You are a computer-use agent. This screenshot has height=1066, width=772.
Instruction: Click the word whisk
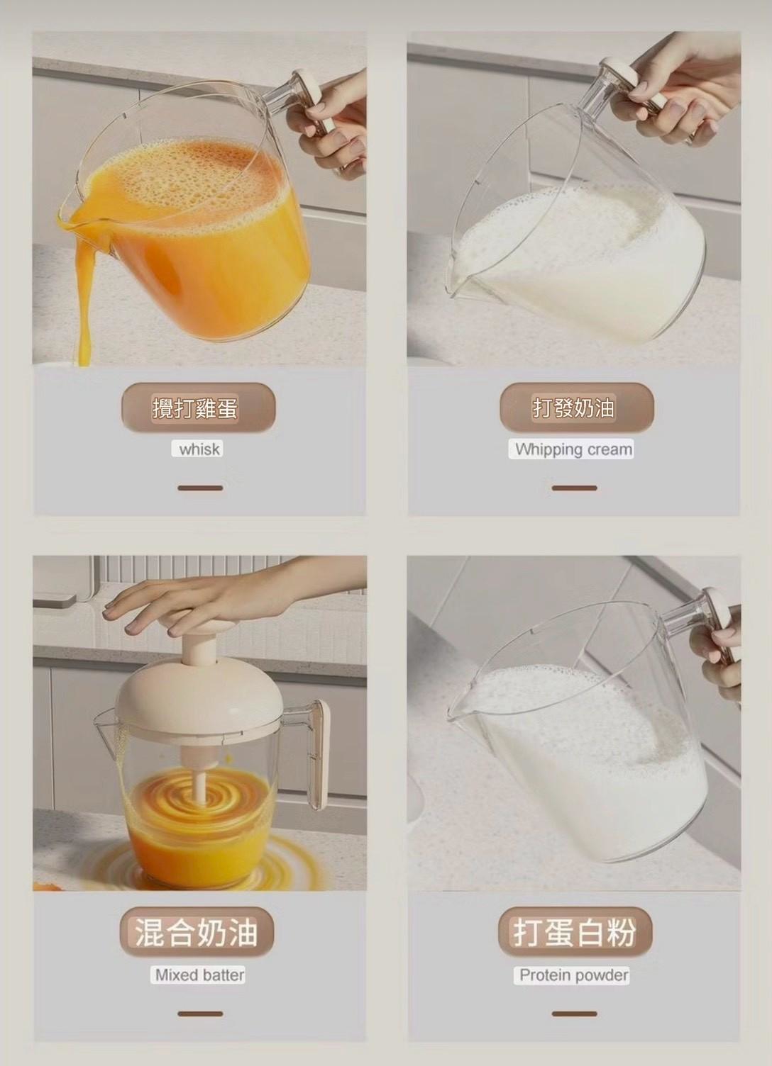[199, 449]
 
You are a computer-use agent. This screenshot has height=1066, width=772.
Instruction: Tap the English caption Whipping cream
[574, 449]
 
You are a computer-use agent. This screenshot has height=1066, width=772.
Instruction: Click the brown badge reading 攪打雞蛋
[199, 408]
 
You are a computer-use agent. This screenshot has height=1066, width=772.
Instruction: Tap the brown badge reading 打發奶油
[577, 408]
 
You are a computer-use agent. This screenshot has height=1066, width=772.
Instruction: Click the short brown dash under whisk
[200, 488]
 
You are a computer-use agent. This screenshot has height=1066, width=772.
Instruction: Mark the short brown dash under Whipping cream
[574, 488]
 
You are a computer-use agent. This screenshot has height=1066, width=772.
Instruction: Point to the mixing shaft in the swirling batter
[200, 773]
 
